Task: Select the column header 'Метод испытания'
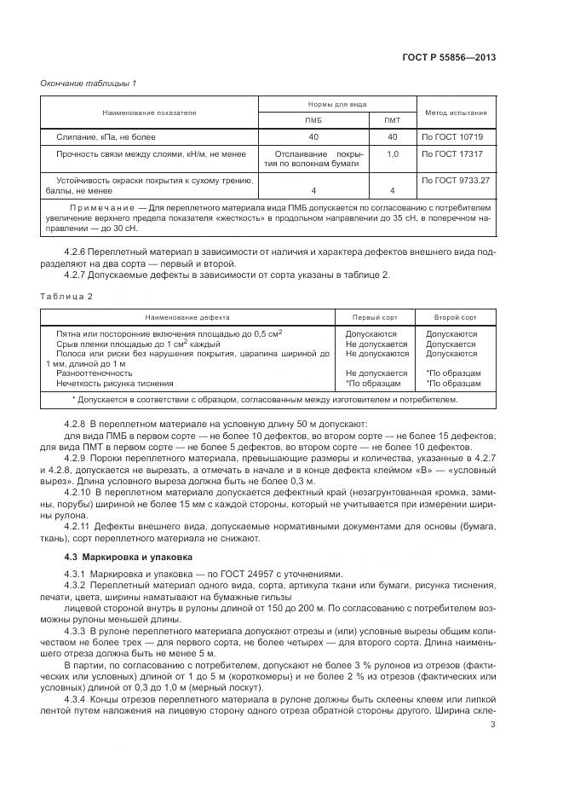(x=455, y=112)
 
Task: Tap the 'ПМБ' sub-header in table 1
(x=313, y=120)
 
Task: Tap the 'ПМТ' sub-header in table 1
(x=393, y=120)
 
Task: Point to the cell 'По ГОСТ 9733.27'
(x=456, y=180)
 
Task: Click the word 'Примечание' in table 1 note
(x=102, y=207)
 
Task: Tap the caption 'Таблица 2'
(x=60, y=296)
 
